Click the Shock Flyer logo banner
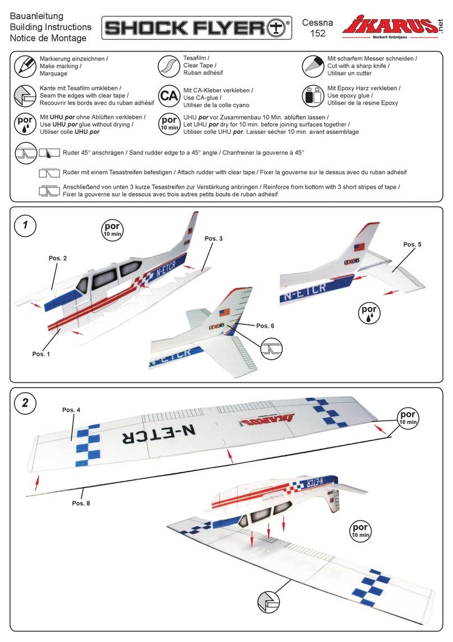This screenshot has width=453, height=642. (x=197, y=28)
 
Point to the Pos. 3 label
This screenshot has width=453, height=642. (x=214, y=239)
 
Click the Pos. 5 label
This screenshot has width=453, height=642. (x=412, y=244)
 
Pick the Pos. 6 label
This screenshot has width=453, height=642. (x=265, y=325)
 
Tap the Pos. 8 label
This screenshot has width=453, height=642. (x=81, y=503)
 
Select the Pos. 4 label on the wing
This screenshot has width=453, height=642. (x=71, y=410)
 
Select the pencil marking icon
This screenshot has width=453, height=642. (x=24, y=66)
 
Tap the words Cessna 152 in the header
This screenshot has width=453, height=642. (x=317, y=28)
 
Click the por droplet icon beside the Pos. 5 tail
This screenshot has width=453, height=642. (x=368, y=313)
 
